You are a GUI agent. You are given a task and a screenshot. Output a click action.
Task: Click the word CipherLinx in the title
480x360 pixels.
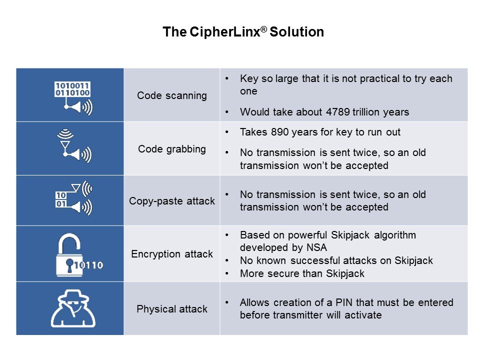(225, 32)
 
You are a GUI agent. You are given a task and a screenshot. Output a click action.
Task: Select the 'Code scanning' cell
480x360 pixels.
(171, 95)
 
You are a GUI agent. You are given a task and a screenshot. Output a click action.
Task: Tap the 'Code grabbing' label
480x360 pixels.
(171, 149)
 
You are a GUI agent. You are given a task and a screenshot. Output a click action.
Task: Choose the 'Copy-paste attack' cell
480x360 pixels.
(171, 200)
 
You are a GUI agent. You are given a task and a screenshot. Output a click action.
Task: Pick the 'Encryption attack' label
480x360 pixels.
(171, 254)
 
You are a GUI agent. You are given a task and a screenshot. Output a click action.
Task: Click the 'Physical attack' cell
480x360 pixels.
(171, 308)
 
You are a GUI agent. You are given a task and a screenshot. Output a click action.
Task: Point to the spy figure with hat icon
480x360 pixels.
(73, 308)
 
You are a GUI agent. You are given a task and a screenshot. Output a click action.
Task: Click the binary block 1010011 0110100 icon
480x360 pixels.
(72, 89)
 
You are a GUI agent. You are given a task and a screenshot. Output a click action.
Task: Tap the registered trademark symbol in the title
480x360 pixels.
(264, 29)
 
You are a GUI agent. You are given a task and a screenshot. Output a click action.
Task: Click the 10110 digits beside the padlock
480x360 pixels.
(88, 265)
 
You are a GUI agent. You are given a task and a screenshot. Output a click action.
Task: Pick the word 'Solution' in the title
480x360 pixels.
(296, 32)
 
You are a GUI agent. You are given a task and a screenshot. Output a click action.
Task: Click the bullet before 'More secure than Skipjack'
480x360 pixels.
(227, 273)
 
